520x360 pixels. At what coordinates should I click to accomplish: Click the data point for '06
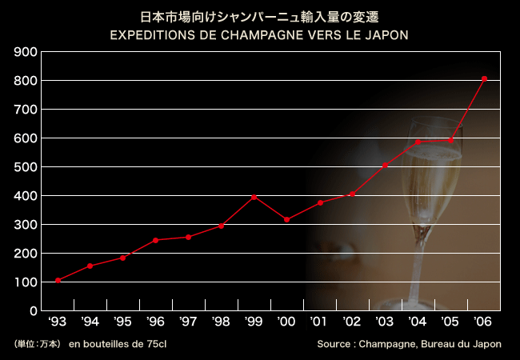[x=485, y=78]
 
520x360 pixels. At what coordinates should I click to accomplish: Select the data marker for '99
[x=254, y=197]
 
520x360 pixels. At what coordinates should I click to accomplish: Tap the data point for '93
[x=58, y=280]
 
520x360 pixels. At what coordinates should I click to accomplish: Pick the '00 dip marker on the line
[x=286, y=219]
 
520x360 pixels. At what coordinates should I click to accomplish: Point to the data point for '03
[x=385, y=166]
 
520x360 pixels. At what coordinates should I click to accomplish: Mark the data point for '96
[x=155, y=240]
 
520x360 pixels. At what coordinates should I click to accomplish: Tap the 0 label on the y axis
[x=33, y=311]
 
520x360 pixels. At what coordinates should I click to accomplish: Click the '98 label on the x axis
[x=221, y=322]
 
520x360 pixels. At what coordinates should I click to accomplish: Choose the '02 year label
[x=352, y=322]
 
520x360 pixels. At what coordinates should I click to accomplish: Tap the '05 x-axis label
[x=450, y=322]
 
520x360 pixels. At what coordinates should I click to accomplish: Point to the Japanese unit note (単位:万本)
[x=38, y=344]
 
